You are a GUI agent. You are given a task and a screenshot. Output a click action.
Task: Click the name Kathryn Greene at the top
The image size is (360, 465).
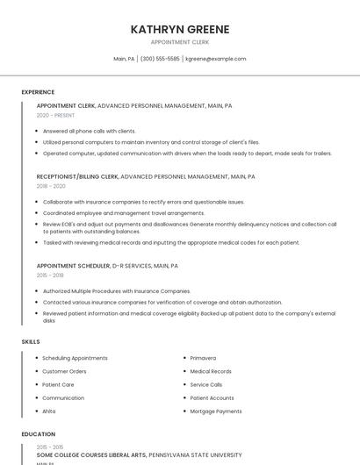(180, 29)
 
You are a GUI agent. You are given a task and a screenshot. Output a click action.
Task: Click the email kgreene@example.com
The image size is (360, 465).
(215, 59)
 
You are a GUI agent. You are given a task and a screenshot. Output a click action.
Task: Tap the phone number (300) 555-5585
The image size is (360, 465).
(160, 59)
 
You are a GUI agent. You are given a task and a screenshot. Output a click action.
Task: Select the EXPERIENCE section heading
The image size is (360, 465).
(38, 92)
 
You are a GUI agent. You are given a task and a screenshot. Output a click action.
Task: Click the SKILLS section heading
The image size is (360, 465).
(31, 341)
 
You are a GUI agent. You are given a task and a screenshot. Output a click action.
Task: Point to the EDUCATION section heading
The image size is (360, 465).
(38, 434)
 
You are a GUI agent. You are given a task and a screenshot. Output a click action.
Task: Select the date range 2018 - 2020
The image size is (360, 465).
(51, 186)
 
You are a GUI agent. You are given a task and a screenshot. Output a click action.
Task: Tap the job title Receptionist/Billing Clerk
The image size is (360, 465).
(77, 176)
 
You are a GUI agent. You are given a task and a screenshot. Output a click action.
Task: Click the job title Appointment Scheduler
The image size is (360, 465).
(72, 265)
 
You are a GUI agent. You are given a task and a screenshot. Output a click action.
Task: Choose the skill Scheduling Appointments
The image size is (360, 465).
(75, 358)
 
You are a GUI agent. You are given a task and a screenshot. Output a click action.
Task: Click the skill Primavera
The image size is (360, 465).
(203, 358)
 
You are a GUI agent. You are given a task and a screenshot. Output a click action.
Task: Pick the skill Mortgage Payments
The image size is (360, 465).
(215, 411)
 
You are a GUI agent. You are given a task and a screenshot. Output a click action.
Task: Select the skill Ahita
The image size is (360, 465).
(49, 411)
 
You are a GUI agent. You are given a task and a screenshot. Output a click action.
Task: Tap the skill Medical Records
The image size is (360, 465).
(211, 371)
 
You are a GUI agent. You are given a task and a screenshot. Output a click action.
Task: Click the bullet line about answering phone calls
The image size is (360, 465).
(89, 131)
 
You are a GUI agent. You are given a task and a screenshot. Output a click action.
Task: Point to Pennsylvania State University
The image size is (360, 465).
(194, 455)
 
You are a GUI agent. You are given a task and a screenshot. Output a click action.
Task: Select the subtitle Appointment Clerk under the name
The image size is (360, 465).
(179, 41)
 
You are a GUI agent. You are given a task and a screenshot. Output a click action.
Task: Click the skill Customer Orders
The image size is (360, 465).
(64, 371)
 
